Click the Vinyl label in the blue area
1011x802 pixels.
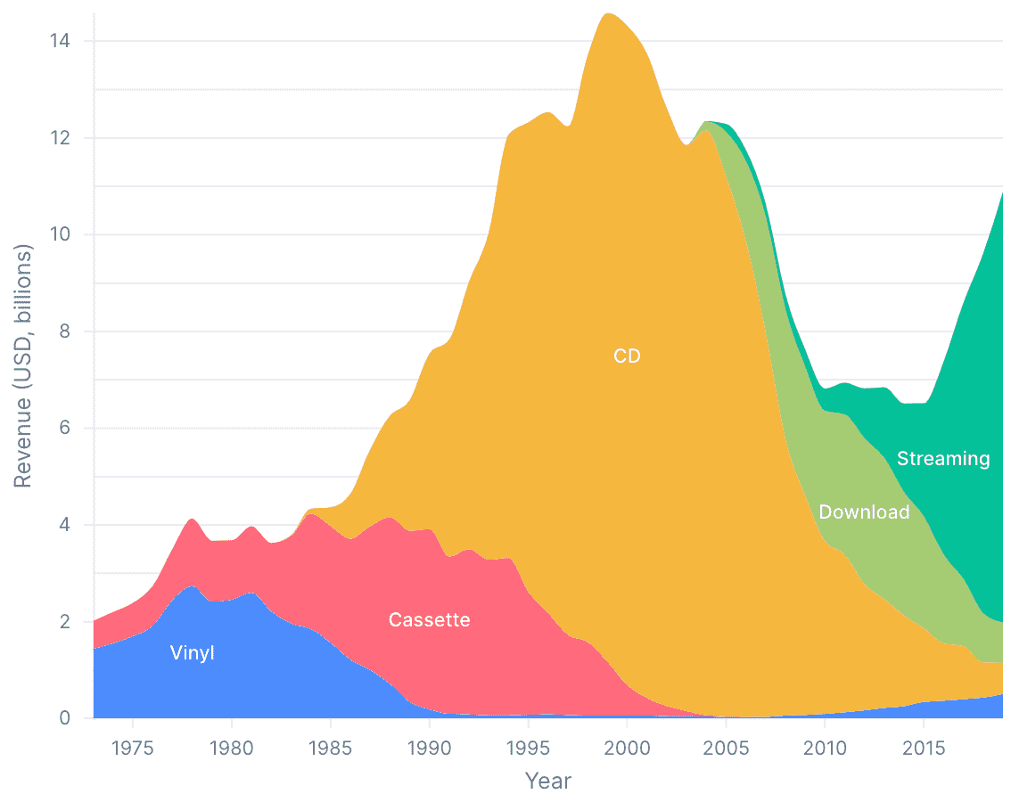[193, 653]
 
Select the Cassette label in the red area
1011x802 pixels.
[429, 619]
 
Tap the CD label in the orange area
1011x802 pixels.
[627, 356]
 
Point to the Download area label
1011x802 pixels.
[864, 511]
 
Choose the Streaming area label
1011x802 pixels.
[943, 458]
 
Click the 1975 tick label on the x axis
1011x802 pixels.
[133, 745]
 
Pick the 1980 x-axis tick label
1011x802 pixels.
[232, 745]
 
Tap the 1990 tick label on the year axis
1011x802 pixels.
[430, 745]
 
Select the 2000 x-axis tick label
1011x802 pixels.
[628, 745]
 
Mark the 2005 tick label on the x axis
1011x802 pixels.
[726, 745]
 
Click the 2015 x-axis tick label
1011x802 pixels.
[924, 745]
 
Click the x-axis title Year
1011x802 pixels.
[547, 781]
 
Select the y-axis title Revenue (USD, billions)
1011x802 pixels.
[23, 366]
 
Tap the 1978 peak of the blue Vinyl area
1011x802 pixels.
[193, 586]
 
